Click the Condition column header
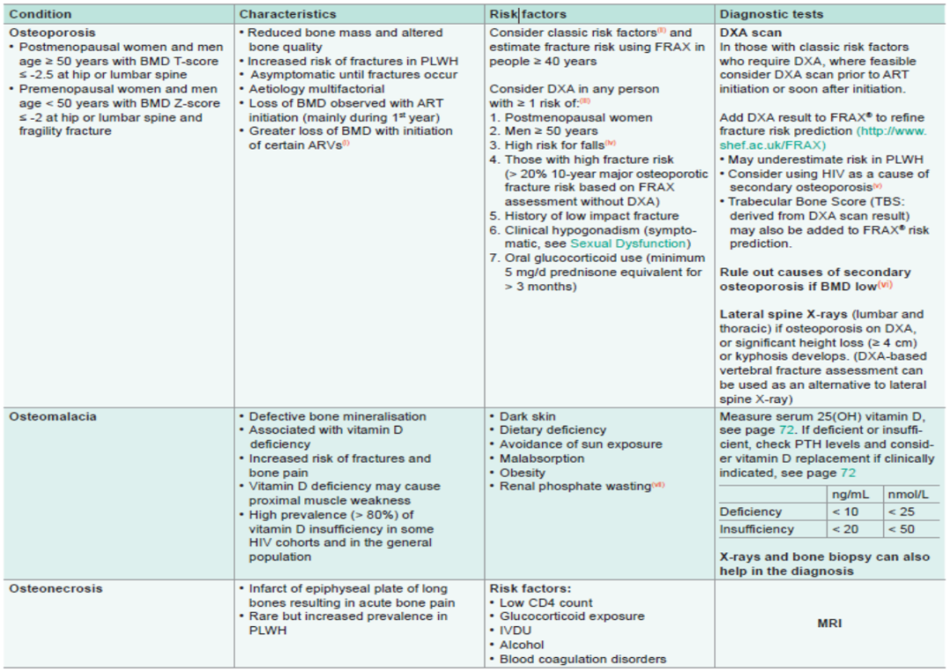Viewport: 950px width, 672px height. (40, 14)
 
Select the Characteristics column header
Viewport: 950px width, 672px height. (288, 14)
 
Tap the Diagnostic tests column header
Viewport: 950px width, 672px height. (771, 14)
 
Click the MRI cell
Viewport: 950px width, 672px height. (829, 624)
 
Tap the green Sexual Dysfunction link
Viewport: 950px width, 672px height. (629, 243)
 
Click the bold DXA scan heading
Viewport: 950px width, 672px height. (750, 33)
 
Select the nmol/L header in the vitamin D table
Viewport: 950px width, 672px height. (910, 493)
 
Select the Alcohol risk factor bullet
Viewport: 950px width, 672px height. (522, 645)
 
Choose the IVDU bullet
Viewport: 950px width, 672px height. (516, 631)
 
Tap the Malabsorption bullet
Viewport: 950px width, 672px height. (542, 458)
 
